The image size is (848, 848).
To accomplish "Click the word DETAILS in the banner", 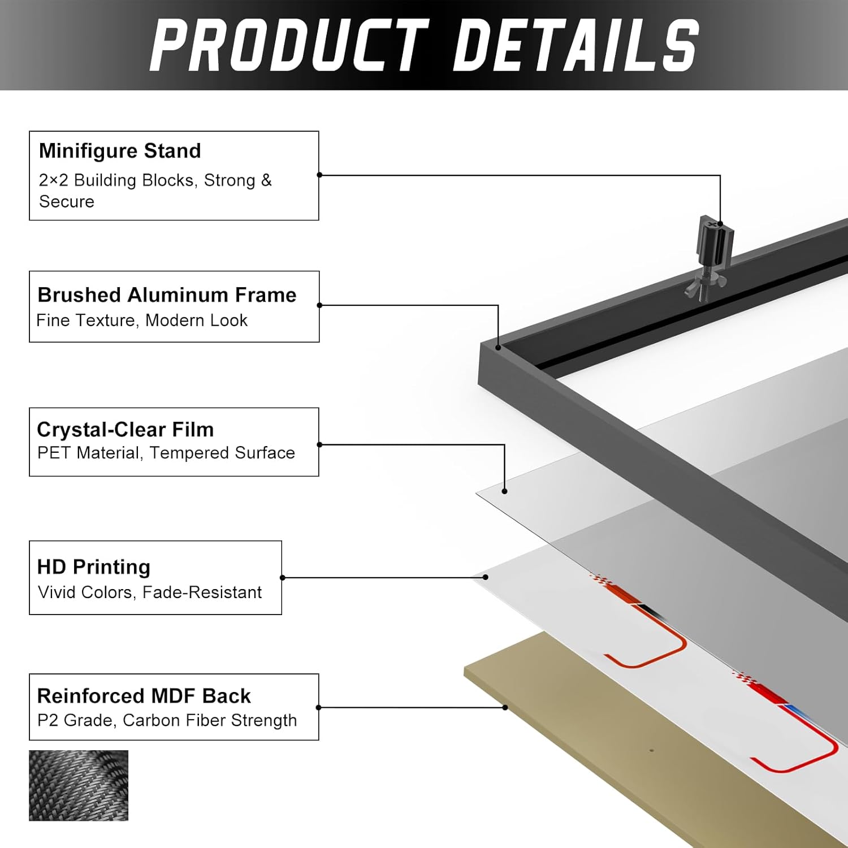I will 577,45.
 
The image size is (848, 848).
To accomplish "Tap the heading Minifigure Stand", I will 120,151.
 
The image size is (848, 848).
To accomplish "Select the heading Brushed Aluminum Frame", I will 167,295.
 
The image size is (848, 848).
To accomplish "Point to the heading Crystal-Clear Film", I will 125,430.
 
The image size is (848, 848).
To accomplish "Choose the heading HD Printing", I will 94,567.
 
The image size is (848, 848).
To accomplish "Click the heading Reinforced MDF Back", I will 144,696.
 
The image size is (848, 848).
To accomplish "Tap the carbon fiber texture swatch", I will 79,785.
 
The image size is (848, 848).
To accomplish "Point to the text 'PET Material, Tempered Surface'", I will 166,453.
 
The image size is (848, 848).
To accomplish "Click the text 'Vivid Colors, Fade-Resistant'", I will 150,592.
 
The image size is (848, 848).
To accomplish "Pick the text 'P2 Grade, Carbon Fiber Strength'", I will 167,720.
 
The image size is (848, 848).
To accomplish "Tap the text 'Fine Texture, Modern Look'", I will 142,321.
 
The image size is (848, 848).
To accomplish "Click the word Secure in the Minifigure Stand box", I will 67,202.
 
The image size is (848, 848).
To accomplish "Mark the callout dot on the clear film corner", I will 504,491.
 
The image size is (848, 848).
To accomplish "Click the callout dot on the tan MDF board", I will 505,707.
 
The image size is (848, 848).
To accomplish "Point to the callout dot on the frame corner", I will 498,347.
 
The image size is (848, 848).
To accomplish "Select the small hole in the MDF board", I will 651,751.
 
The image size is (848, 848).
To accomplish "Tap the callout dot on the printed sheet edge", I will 486,577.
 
